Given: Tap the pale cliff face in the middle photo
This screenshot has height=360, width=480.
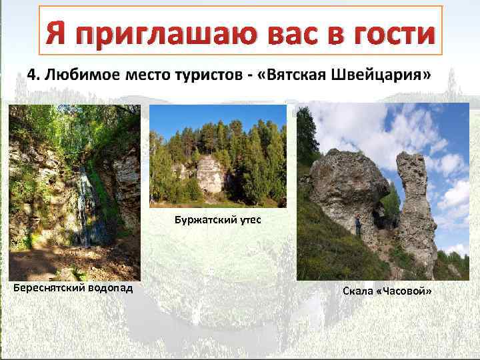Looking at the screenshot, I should point(210,173).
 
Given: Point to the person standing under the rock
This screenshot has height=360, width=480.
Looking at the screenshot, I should point(359,225).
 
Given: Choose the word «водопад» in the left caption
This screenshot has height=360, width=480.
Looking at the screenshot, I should point(111,288).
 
